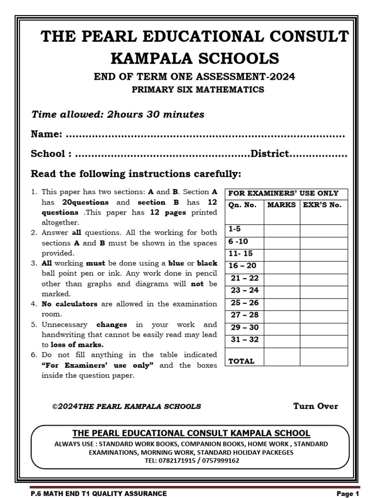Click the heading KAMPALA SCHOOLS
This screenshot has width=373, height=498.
(195, 58)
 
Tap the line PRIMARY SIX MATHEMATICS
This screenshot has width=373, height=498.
(198, 89)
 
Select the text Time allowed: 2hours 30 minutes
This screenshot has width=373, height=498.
(118, 115)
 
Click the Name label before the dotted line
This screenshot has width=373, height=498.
(46, 134)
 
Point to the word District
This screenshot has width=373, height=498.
(270, 154)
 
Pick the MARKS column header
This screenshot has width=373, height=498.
(281, 205)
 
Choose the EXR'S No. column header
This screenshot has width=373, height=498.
(322, 205)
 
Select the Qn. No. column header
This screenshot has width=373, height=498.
(242, 205)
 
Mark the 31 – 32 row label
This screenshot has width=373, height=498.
(245, 339)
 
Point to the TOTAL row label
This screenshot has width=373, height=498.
(241, 361)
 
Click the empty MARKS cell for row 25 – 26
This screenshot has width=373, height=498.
(282, 302)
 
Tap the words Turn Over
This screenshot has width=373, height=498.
(316, 406)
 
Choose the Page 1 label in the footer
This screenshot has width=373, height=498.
(347, 494)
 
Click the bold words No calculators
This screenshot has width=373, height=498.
(69, 304)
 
